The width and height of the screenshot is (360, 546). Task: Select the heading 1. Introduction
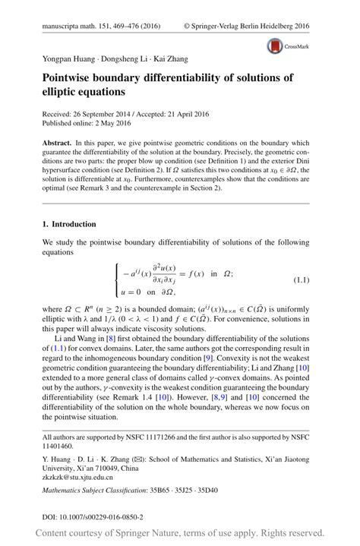pyautogui.click(x=69, y=225)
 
